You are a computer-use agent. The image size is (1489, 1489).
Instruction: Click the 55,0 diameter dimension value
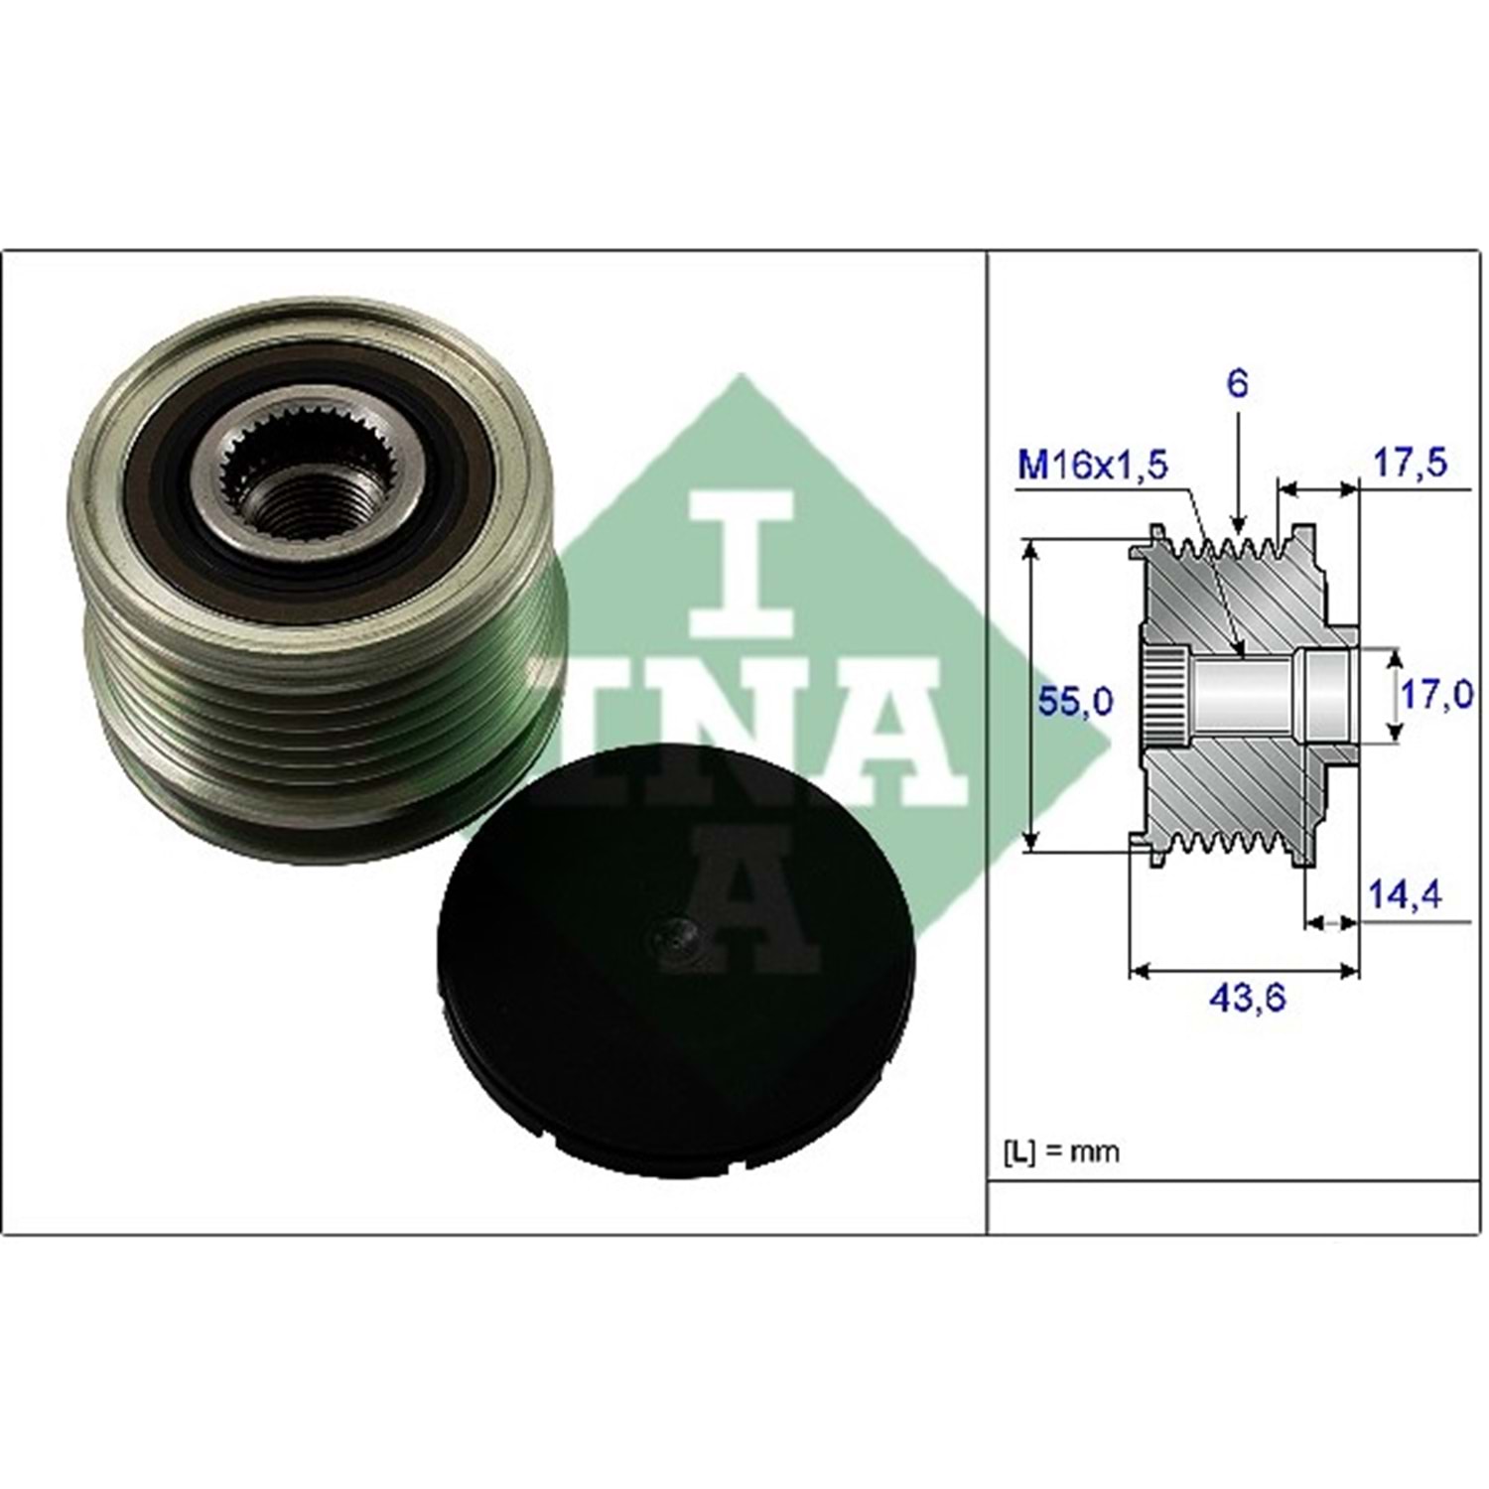[x=1075, y=701]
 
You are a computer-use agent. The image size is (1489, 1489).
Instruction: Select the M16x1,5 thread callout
[x=1093, y=465]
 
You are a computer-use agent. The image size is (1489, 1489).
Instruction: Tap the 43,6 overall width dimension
[x=1247, y=998]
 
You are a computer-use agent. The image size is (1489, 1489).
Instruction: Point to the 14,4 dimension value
[x=1406, y=894]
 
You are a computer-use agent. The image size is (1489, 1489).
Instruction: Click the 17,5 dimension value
[x=1410, y=462]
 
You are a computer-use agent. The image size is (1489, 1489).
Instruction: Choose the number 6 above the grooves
[x=1237, y=383]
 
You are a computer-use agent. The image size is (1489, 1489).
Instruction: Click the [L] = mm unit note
[x=1061, y=1151]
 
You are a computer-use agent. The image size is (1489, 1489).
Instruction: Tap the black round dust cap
[x=674, y=960]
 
